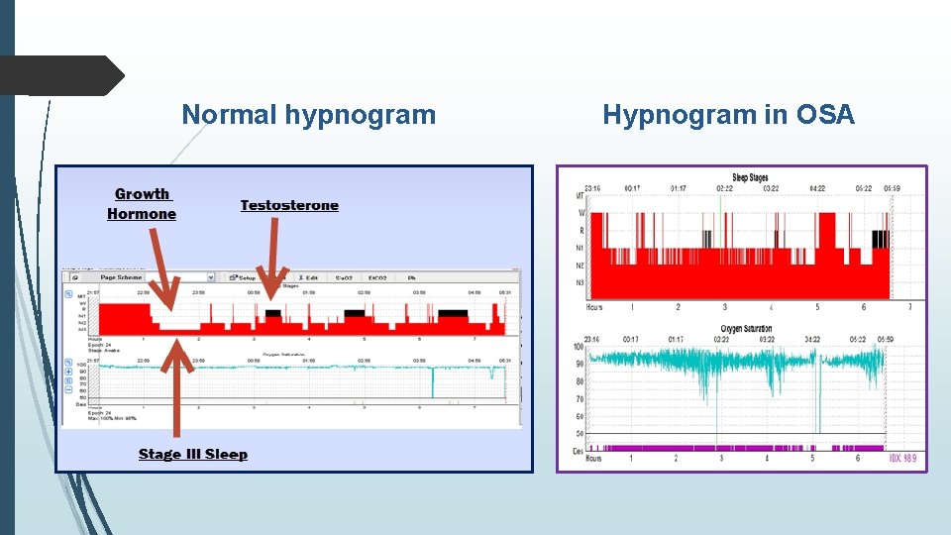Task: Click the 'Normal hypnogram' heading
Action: point(308,115)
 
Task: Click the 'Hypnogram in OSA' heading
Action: point(728,115)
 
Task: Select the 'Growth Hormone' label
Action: point(142,204)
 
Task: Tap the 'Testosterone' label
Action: point(289,206)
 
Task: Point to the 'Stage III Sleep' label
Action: point(193,455)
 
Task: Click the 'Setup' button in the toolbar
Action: point(242,277)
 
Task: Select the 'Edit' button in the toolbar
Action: point(307,277)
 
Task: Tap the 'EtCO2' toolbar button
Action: point(377,277)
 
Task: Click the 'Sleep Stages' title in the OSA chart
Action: point(750,178)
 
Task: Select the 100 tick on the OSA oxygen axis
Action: point(580,347)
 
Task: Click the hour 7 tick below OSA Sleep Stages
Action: point(909,307)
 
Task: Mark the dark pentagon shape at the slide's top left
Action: point(59,75)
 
